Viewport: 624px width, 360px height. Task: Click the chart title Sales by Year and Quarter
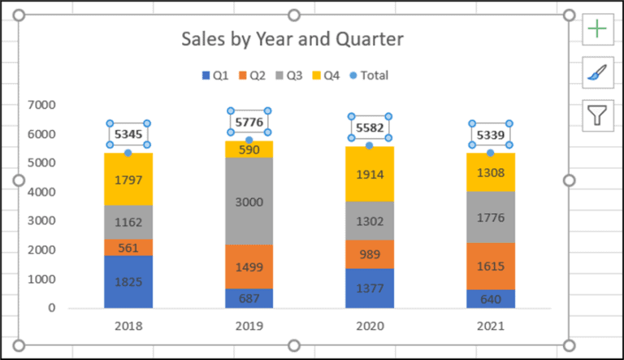coord(292,39)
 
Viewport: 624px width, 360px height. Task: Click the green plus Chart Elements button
coord(597,29)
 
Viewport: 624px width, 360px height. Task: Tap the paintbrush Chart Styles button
coord(597,73)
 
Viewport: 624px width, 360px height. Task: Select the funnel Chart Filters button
coord(597,117)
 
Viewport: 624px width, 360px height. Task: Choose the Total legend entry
coord(367,76)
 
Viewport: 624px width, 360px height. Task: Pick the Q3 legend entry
coord(292,76)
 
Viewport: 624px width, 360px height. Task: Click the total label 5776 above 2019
coord(249,123)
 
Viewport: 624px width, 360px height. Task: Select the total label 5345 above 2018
coord(128,134)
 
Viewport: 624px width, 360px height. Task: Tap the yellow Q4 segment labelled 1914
coord(369,174)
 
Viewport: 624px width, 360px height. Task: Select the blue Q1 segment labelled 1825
coord(128,281)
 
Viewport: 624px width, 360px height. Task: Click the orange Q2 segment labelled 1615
coord(490,266)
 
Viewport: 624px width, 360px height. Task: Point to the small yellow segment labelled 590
coord(249,150)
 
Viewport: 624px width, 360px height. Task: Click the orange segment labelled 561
coord(128,247)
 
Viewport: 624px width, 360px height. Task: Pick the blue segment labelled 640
coord(490,298)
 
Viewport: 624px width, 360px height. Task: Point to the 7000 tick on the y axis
coord(41,105)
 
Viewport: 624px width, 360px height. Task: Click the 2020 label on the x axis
coord(369,327)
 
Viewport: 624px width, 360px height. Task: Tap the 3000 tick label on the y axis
coord(41,221)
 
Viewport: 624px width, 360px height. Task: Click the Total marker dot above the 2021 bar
coord(490,153)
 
